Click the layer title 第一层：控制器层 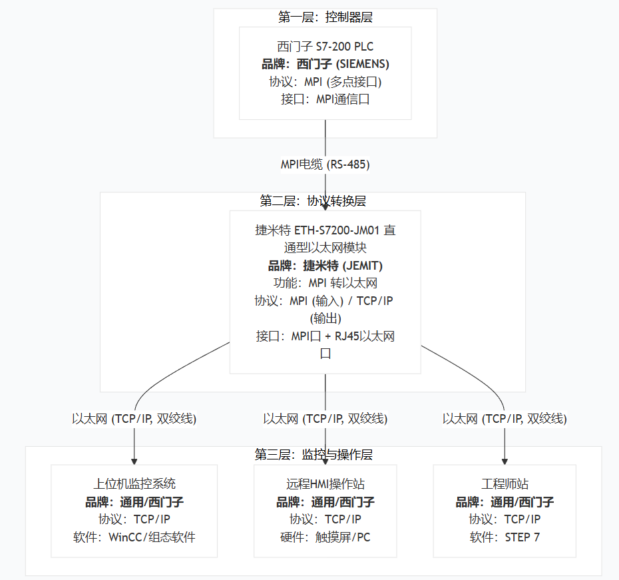[325, 17]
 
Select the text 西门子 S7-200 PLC [325, 47]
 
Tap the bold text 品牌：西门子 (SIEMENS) [325, 64]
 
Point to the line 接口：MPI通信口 [325, 99]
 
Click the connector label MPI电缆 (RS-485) [325, 164]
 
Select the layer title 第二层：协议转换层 [313, 200]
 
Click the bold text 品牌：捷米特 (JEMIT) [325, 266]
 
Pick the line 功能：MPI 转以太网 [325, 283]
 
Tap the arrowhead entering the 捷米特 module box [325, 206]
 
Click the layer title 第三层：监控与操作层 [313, 455]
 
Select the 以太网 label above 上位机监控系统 [134, 419]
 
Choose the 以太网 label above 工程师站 [505, 419]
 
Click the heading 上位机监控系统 [134, 484]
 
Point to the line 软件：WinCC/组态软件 [134, 537]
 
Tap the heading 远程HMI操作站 [325, 484]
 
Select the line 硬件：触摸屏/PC [325, 537]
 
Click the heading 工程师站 [505, 484]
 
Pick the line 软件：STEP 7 [505, 537]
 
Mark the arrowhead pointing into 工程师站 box [505, 459]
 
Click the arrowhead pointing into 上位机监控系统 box [134, 459]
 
